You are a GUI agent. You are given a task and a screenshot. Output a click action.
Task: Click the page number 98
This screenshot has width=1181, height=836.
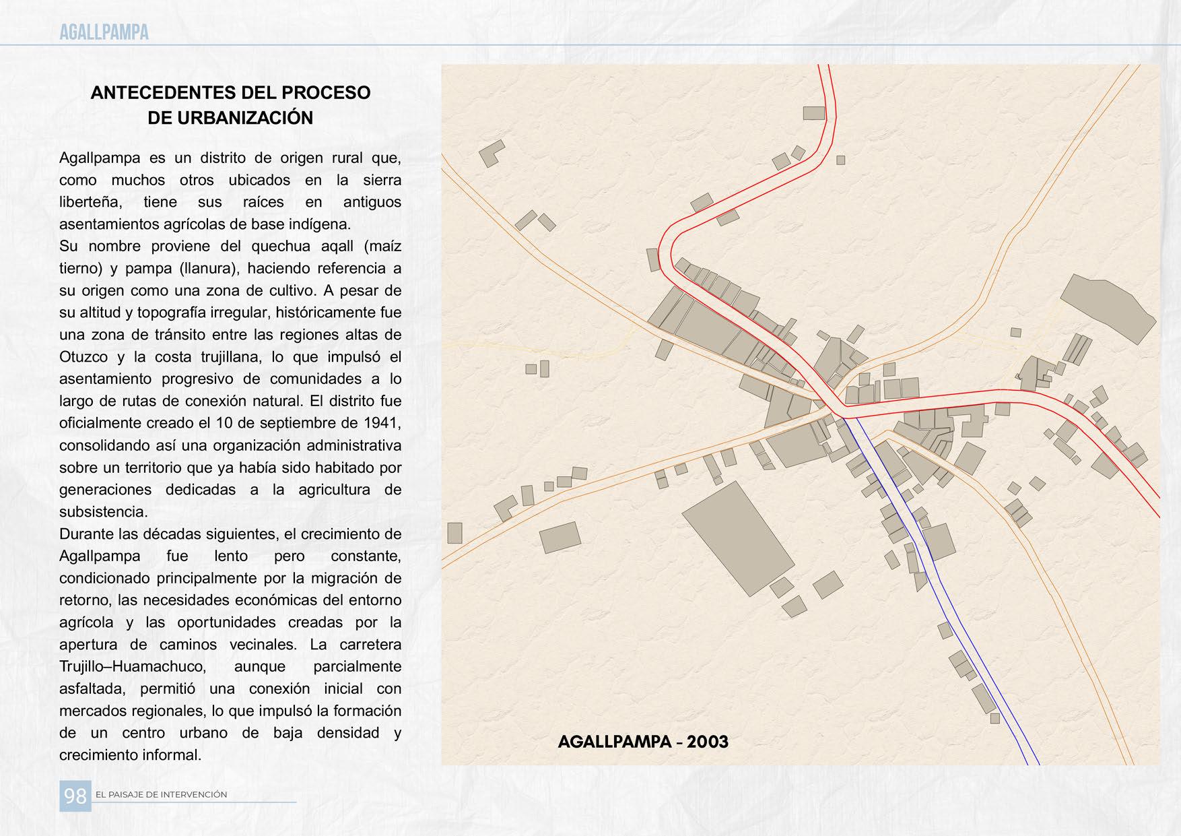(x=75, y=796)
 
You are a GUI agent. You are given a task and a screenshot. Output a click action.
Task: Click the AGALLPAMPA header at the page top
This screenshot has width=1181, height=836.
(x=104, y=32)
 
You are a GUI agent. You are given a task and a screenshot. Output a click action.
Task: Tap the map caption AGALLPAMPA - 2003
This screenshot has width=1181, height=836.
(x=643, y=742)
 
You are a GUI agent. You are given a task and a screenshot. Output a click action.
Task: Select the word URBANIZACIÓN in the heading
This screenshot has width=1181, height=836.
(x=230, y=118)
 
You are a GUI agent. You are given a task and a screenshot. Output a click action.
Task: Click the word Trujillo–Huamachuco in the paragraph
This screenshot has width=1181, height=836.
(x=132, y=666)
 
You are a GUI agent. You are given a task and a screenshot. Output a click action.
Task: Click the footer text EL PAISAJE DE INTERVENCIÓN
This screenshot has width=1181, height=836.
(x=162, y=795)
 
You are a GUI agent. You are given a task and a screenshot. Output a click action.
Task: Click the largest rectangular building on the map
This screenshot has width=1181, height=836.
(x=737, y=538)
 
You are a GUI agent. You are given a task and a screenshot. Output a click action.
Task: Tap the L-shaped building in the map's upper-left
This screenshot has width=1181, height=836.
(x=491, y=154)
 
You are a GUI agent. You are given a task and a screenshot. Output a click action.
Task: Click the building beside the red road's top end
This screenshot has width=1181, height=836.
(x=814, y=113)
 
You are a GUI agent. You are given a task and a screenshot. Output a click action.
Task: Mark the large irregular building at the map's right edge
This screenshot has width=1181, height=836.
(x=1108, y=309)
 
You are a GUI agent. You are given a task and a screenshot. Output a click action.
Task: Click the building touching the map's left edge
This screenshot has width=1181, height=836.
(x=454, y=533)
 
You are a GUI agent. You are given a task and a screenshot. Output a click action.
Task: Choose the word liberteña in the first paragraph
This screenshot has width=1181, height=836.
(x=90, y=202)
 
